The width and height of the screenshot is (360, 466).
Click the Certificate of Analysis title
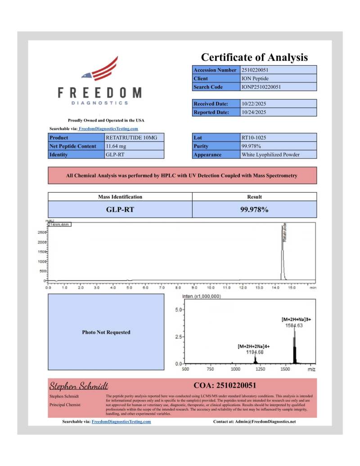pos(254,57)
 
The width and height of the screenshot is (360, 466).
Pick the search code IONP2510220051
pos(261,86)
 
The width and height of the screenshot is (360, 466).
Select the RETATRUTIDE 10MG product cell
pos(127,137)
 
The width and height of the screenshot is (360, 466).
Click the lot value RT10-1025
pos(252,137)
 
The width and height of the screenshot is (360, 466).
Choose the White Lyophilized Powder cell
pos(270,154)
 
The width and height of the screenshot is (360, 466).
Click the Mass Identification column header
pos(120,197)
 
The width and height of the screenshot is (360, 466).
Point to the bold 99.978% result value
pos(254,209)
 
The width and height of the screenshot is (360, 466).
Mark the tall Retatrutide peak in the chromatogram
pos(283,252)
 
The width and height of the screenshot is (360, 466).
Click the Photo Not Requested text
pos(106,332)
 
